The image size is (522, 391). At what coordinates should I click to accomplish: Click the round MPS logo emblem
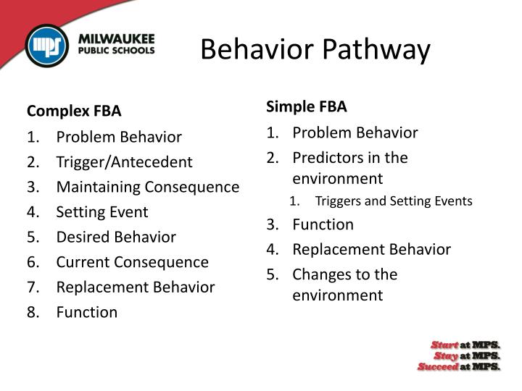(x=47, y=46)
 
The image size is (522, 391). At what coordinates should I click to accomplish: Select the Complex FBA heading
(x=74, y=111)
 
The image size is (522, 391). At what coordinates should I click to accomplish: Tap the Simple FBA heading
(x=307, y=106)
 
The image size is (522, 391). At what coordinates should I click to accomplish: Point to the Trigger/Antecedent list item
(x=125, y=161)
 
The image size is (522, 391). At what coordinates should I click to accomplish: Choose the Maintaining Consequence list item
(x=148, y=187)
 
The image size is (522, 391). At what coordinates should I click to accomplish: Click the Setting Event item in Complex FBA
(x=102, y=212)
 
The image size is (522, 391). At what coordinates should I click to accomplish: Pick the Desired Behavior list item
(x=116, y=237)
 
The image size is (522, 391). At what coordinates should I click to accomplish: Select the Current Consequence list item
(x=133, y=262)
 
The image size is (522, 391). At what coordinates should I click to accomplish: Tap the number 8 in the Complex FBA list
(x=32, y=312)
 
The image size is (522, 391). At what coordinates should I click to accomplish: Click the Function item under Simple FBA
(x=323, y=224)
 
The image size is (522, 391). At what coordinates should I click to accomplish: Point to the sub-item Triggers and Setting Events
(x=394, y=201)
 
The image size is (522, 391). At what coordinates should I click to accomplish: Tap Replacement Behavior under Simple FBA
(x=372, y=249)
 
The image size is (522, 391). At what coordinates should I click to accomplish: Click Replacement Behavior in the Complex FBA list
(x=136, y=287)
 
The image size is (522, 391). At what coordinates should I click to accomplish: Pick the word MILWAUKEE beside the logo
(x=117, y=38)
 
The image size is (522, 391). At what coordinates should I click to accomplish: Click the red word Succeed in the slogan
(x=438, y=366)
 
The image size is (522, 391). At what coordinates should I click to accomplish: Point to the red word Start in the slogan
(x=444, y=344)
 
